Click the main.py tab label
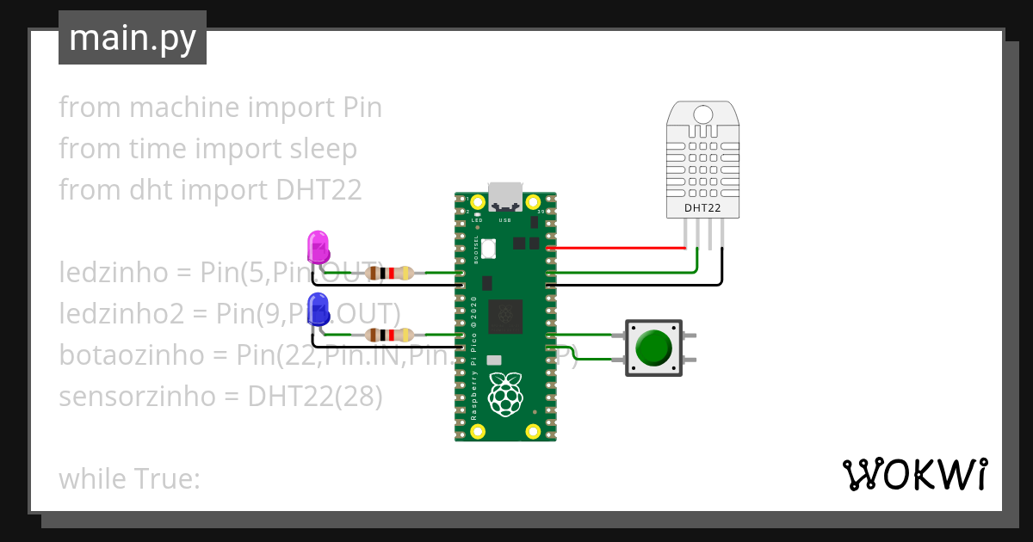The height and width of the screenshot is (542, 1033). click(132, 38)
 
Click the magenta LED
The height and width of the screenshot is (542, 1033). click(318, 246)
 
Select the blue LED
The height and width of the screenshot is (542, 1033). click(318, 309)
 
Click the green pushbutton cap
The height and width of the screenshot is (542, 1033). click(654, 347)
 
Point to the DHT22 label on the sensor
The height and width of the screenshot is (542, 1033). click(702, 207)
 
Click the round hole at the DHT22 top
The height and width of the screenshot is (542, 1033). click(703, 114)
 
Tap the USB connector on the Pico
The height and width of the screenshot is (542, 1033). click(505, 198)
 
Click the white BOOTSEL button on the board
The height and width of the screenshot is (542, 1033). click(488, 248)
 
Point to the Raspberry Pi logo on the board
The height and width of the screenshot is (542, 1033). click(505, 396)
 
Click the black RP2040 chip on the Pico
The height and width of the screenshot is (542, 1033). click(505, 317)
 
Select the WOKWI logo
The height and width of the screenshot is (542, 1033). click(913, 475)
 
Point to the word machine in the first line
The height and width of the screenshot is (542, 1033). click(184, 108)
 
